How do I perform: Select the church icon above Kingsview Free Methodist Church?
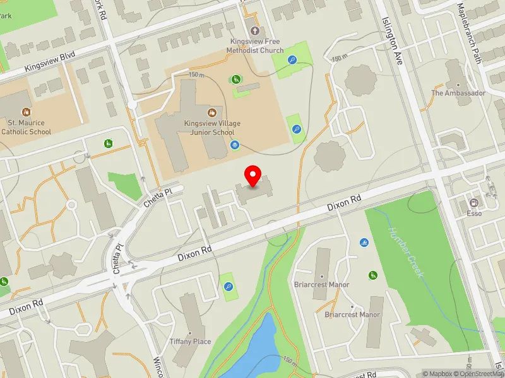click(x=255, y=30)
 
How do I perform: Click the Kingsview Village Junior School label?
click(x=212, y=129)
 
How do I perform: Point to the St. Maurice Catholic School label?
click(x=26, y=127)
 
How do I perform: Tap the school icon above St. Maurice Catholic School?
click(x=26, y=112)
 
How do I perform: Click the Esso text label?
click(x=473, y=213)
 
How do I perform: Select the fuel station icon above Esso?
click(x=473, y=202)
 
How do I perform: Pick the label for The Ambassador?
click(x=458, y=93)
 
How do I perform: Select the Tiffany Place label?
click(x=190, y=341)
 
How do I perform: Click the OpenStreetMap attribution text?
click(x=481, y=374)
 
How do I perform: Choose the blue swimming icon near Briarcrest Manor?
click(x=364, y=243)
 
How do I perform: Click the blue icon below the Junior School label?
click(x=235, y=145)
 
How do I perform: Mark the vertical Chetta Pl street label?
click(x=117, y=258)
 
